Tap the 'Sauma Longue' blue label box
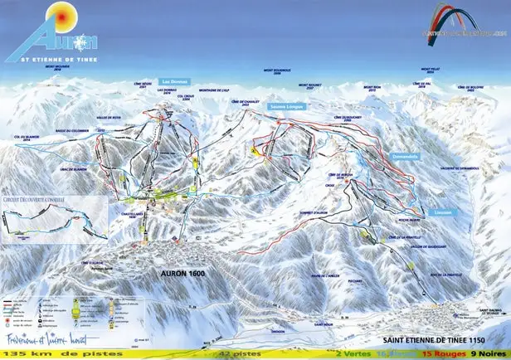(x=286, y=107)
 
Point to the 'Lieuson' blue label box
(x=441, y=212)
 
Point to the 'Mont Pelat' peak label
(x=431, y=70)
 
